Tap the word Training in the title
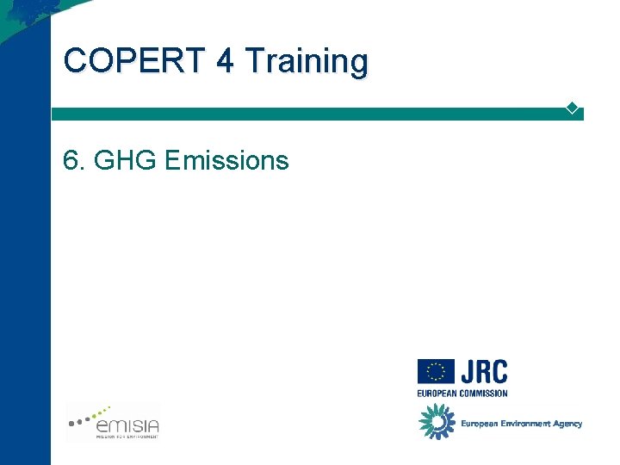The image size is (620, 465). click(x=306, y=62)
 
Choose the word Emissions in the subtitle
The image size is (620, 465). click(x=226, y=160)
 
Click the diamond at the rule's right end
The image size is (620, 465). click(x=572, y=108)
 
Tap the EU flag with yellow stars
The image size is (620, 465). click(x=436, y=372)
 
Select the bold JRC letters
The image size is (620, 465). click(x=483, y=372)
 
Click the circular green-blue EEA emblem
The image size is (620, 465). click(x=437, y=421)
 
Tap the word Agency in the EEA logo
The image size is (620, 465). click(x=568, y=424)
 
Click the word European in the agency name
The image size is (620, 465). click(x=478, y=424)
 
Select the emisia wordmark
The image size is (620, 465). click(x=127, y=424)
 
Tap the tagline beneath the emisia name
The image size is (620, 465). click(x=127, y=437)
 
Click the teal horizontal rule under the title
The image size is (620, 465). click(x=310, y=114)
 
